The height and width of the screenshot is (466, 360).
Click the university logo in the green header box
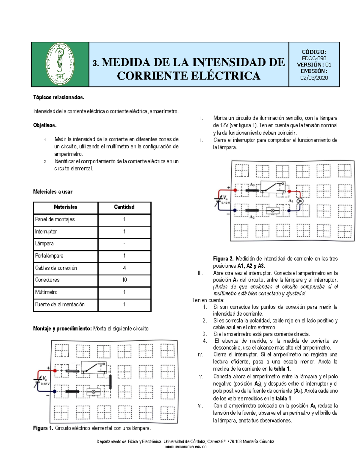(x=60, y=64)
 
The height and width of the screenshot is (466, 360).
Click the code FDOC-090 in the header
(x=314, y=58)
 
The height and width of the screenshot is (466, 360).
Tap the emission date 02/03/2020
(x=314, y=78)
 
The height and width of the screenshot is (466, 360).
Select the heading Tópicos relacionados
(x=58, y=97)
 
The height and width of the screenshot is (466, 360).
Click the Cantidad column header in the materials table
(x=124, y=207)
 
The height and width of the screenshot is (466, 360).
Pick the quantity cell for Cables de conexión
(x=124, y=268)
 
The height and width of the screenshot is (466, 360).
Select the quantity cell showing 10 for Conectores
(x=124, y=280)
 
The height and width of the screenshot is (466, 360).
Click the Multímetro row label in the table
(x=46, y=292)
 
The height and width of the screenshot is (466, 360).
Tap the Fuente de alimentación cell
(x=60, y=305)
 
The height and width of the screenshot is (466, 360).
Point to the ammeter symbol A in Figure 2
(x=300, y=201)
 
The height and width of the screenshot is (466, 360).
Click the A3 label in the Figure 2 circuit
(x=252, y=185)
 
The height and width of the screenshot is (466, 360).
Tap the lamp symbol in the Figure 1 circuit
(x=93, y=392)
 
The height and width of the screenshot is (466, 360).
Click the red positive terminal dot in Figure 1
(x=55, y=371)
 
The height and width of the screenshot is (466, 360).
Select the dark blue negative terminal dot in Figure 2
(x=235, y=211)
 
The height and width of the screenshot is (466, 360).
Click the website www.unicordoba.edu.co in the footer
(x=186, y=447)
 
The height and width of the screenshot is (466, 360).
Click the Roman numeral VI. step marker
(x=200, y=406)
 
